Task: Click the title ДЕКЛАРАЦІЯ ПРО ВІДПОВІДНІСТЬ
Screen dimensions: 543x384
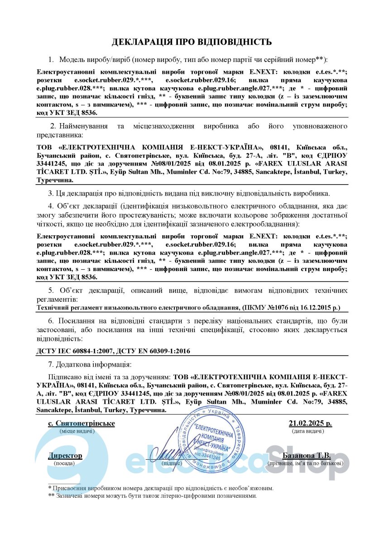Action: (x=192, y=42)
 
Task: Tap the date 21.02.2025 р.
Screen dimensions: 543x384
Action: (x=310, y=424)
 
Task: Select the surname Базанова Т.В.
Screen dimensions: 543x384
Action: (x=306, y=455)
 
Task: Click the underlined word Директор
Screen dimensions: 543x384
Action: (x=65, y=455)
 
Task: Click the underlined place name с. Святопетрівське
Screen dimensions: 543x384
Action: (x=82, y=424)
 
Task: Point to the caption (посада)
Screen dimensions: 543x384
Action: (x=65, y=463)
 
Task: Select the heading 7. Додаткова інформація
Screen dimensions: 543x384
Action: (x=90, y=364)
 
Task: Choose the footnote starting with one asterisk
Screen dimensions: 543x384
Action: (x=161, y=488)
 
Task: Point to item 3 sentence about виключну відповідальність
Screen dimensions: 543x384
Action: (x=189, y=194)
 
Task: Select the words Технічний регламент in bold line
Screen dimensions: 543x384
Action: (x=63, y=308)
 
